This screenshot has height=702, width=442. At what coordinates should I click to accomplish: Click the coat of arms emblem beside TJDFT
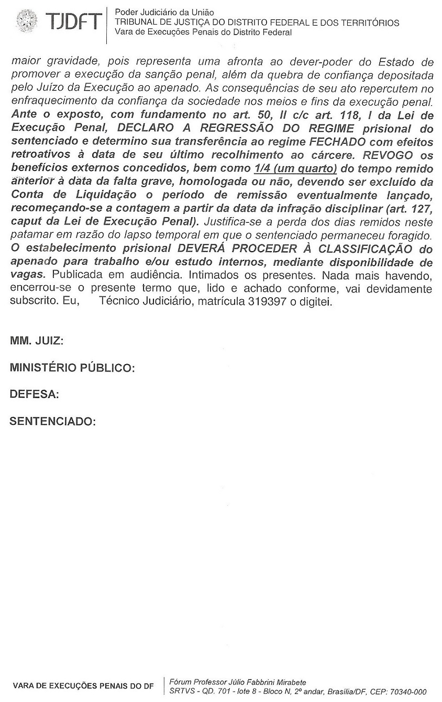(27, 21)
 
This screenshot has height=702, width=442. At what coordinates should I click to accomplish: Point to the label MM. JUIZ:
(37, 342)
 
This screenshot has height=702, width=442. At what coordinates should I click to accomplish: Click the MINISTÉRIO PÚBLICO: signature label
(72, 368)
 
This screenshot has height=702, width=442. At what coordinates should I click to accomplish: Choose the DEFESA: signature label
(34, 394)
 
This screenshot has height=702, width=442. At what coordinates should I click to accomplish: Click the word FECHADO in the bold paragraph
(339, 141)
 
